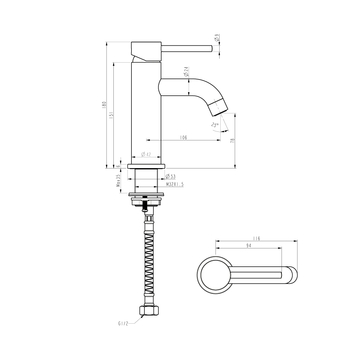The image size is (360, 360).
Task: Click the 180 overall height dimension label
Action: [x=104, y=105]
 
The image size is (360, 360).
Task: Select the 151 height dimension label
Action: [x=111, y=115]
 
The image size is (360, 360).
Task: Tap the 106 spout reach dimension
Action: [x=184, y=138]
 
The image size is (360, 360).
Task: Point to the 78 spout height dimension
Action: [x=233, y=140]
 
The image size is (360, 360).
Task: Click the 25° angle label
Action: [x=215, y=125]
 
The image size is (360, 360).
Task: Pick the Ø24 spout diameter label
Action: [x=186, y=71]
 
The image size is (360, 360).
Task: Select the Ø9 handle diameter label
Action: [x=216, y=38]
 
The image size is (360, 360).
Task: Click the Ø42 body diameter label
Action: [x=146, y=154]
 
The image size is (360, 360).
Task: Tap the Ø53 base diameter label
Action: [x=170, y=176]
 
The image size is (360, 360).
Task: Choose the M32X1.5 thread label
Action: [x=175, y=184]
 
